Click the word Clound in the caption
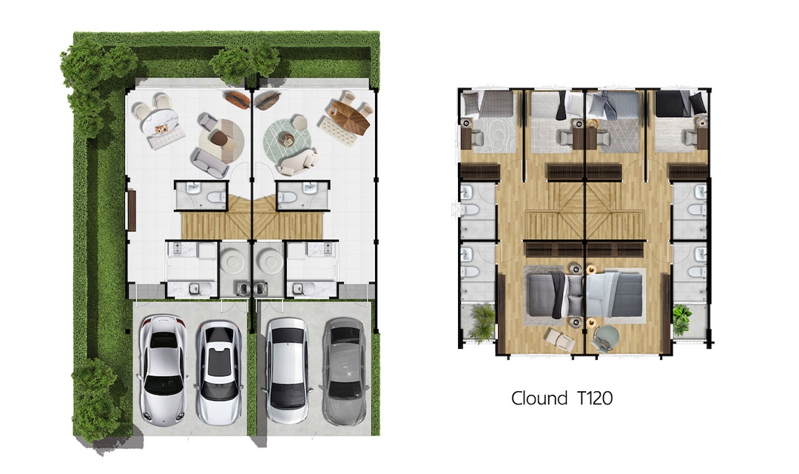click(x=539, y=398)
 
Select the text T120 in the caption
click(x=595, y=398)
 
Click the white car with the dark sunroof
click(x=220, y=373)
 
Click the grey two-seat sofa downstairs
click(x=209, y=162)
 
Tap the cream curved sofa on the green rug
click(x=298, y=162)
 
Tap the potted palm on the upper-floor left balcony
click(x=482, y=322)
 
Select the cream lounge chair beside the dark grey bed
click(x=559, y=338)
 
